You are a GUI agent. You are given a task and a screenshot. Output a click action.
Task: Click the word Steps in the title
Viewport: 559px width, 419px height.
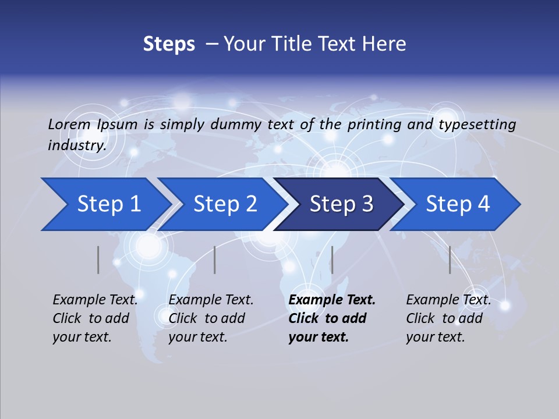pos(169,44)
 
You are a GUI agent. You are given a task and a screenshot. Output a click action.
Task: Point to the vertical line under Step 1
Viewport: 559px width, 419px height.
pos(98,260)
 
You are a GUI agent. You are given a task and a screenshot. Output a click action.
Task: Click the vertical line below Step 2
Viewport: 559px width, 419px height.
pos(215,260)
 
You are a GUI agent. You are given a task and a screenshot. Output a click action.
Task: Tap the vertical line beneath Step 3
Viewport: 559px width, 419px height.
pos(332,260)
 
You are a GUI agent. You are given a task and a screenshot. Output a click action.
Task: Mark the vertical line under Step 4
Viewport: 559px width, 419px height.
pos(450,260)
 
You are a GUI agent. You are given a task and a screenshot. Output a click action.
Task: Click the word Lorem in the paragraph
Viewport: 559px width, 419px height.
pos(69,125)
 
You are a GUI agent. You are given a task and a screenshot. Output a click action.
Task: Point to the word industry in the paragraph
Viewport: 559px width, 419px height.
pos(77,145)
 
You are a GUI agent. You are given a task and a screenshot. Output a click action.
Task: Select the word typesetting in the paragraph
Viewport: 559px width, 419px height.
pos(477,125)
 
